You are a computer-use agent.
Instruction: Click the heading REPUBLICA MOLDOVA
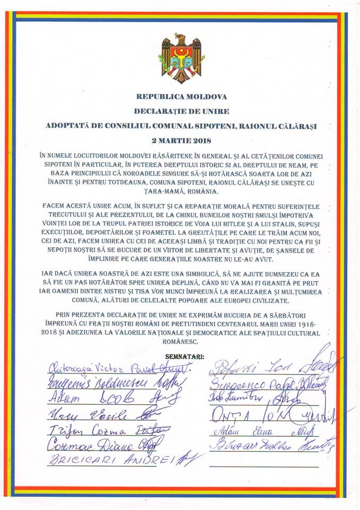(181, 97)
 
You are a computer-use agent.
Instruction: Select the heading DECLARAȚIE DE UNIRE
(181, 112)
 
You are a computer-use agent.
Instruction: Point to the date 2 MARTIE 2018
(181, 140)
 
